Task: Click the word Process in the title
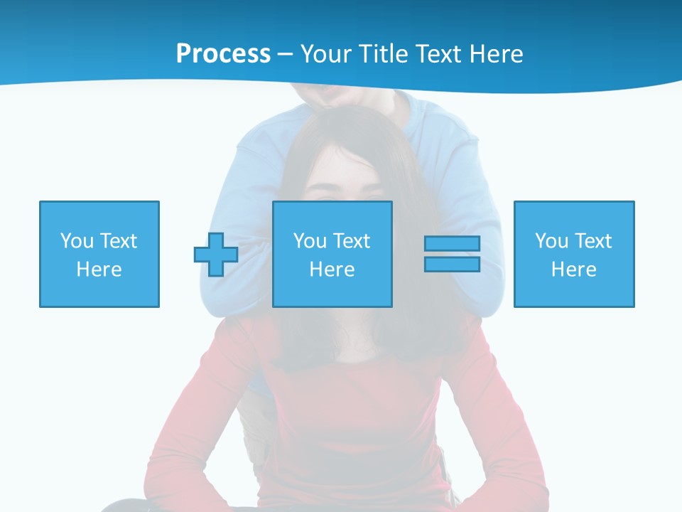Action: (x=223, y=54)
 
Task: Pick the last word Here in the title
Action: (x=497, y=54)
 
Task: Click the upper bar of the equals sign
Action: (x=452, y=243)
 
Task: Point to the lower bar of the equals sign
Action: (x=452, y=264)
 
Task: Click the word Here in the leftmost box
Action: (x=99, y=270)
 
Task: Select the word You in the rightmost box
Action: (x=551, y=241)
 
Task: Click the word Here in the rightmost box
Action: (x=574, y=270)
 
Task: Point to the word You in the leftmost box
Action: (x=77, y=241)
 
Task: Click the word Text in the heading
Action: (x=442, y=54)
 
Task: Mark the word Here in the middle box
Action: (x=332, y=270)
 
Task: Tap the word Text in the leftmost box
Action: (x=118, y=241)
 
